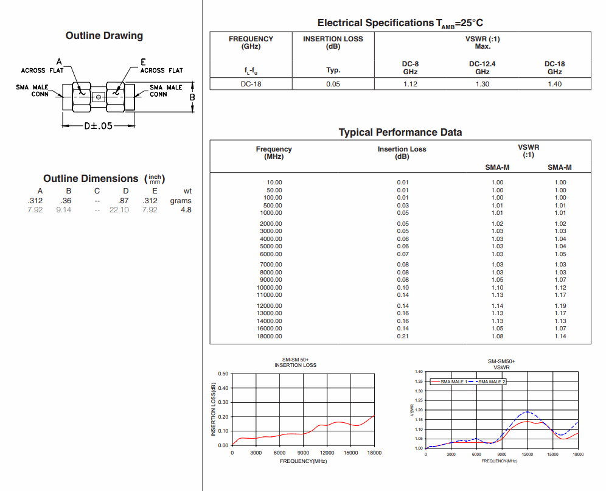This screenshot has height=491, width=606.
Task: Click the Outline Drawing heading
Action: (104, 36)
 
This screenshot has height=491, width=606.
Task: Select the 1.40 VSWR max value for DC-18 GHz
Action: (554, 84)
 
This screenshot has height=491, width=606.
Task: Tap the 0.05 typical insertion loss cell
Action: (333, 84)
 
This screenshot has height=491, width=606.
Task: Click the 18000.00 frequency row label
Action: (270, 336)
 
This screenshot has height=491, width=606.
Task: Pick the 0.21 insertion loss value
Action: (403, 336)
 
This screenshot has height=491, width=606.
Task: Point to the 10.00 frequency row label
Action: (274, 183)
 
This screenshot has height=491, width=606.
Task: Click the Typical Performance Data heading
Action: (400, 133)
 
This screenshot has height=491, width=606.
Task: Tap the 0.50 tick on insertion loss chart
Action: (223, 374)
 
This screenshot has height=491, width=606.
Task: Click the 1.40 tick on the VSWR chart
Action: (419, 372)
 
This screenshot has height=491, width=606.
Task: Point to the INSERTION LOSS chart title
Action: (295, 365)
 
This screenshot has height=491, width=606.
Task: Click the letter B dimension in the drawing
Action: (192, 97)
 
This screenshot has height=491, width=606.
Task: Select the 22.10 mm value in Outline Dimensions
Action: (119, 210)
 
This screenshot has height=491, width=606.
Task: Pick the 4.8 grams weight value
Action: (186, 210)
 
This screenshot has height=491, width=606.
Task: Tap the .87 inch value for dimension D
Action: (124, 201)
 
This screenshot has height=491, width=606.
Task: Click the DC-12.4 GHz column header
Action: (482, 68)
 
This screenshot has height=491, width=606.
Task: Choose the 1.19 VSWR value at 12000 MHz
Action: (560, 306)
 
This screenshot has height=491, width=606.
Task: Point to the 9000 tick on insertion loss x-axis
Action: (303, 453)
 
